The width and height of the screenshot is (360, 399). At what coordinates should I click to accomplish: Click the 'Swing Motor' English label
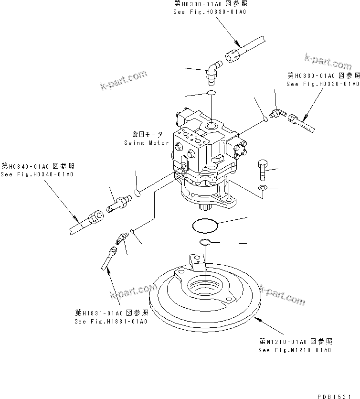pos(146,142)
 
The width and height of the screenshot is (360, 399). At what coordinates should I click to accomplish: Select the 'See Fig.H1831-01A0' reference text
pos(111,321)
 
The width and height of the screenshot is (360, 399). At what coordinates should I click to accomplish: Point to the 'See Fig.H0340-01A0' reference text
pos(37,174)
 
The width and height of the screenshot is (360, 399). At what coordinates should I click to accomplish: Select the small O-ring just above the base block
pos(205,242)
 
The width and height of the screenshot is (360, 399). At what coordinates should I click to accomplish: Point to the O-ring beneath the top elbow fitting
pos(212,93)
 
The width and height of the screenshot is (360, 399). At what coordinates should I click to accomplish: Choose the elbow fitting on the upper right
pos(278,112)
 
